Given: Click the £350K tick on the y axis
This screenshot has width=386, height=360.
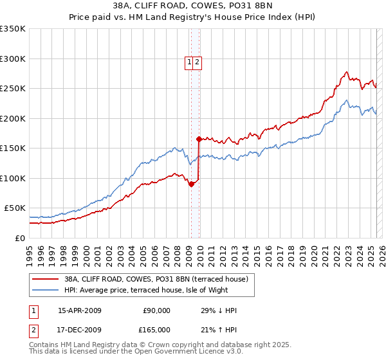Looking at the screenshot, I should tap(13, 29).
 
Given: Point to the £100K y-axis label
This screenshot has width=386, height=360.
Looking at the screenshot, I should tap(13, 178).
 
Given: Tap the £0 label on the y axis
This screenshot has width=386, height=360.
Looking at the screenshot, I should tap(20, 238).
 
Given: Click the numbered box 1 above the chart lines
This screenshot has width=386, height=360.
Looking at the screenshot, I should tap(190, 62).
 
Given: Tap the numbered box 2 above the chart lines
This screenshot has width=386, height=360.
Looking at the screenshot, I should tap(198, 62).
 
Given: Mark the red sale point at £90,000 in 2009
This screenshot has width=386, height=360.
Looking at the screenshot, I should tap(191, 184).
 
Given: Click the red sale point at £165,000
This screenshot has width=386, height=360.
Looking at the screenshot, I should tap(199, 139).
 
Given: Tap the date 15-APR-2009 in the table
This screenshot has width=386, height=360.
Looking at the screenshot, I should tap(80, 310).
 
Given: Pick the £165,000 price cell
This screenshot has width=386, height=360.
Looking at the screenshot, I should tap(156, 329).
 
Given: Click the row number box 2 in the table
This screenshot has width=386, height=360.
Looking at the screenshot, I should tap(34, 329).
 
